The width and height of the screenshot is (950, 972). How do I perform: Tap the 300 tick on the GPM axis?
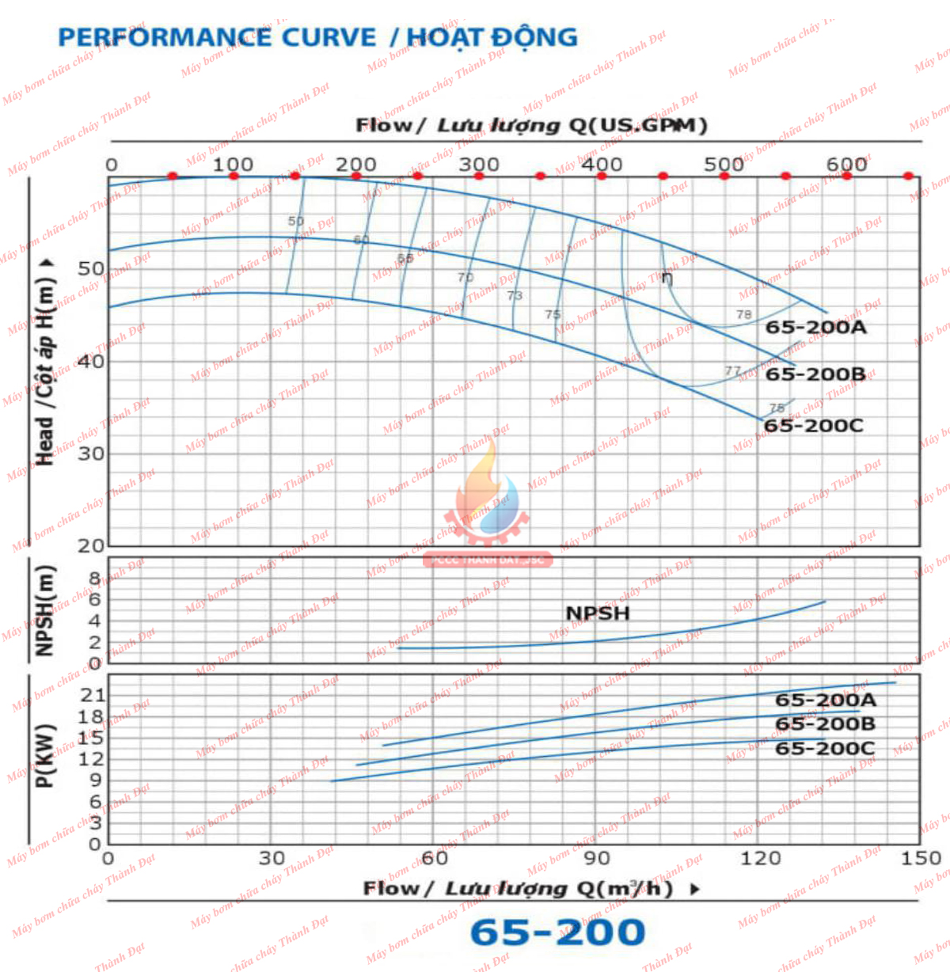478,165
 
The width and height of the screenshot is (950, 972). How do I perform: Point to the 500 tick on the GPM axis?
724,165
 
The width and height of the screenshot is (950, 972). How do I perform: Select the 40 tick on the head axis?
91,361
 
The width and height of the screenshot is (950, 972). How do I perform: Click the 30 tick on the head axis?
91,454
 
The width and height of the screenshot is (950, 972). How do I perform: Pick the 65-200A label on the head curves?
815,328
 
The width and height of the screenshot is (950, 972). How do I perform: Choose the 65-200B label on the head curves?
815,374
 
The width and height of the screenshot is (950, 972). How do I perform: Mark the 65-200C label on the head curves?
813,426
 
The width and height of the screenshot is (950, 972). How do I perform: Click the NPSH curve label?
598,613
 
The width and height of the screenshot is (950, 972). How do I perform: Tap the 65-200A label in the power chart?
826,701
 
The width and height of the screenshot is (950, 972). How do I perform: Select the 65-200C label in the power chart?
825,749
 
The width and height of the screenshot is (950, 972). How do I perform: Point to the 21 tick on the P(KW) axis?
93,695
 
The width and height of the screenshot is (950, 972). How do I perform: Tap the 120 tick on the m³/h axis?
760,858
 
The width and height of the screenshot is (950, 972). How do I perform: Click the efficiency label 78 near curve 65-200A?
743,314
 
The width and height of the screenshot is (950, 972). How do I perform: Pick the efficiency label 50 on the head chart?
295,222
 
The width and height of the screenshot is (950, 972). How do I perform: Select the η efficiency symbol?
667,278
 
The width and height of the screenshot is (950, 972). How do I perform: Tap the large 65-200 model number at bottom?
557,932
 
